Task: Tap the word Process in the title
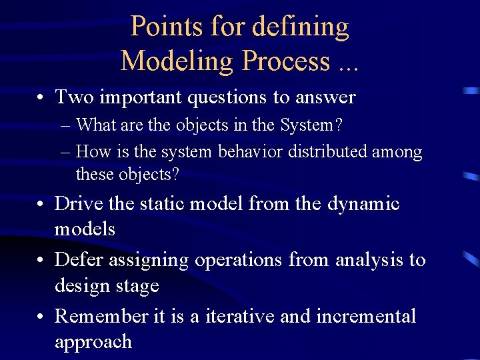286,61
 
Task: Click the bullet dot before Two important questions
41,98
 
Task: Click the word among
397,153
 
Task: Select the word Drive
75,204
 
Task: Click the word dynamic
363,204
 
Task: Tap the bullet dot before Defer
41,260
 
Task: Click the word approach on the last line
93,342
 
